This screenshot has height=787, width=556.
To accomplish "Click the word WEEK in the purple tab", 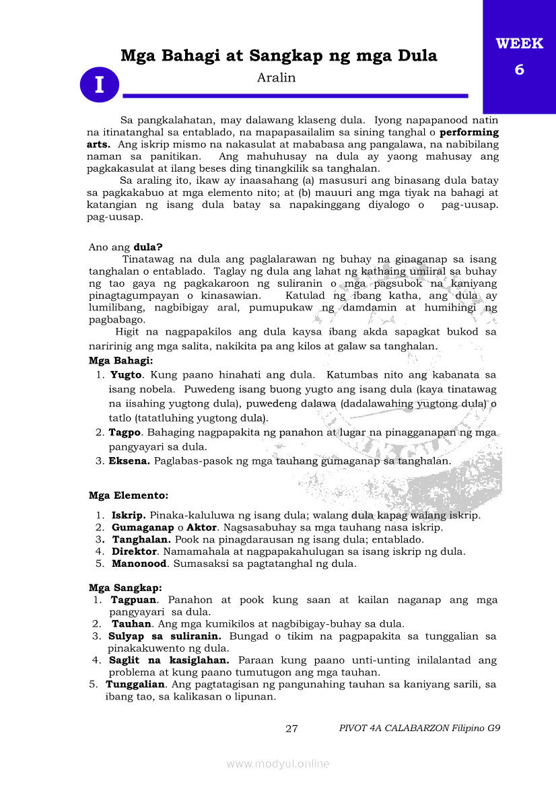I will click(x=519, y=44).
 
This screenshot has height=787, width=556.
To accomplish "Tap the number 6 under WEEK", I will click(x=519, y=69).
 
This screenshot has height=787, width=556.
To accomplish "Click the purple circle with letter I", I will click(x=100, y=85).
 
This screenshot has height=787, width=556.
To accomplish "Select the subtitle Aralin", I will click(x=276, y=77).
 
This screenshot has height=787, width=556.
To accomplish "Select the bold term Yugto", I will click(x=127, y=374).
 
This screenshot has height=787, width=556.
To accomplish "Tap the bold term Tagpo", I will click(x=125, y=432).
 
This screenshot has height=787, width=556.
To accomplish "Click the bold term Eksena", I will click(x=130, y=461).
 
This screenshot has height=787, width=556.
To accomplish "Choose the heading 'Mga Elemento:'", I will click(x=129, y=495).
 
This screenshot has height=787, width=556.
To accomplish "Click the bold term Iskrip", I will click(x=129, y=516).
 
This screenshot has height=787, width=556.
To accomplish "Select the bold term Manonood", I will click(x=139, y=563).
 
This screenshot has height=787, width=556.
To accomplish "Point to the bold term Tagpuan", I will click(x=135, y=600).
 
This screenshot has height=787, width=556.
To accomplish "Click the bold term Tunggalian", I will click(x=135, y=685).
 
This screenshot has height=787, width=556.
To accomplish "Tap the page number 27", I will click(x=291, y=728).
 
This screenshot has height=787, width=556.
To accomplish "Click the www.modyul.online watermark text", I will click(x=278, y=763).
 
